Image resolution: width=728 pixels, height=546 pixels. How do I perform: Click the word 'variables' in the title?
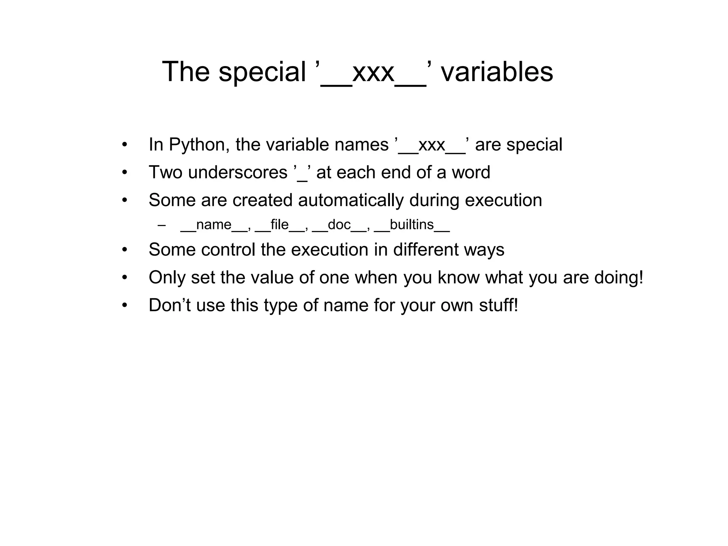497,72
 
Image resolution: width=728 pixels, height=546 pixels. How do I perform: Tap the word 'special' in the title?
262,72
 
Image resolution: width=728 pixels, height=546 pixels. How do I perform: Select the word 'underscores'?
237,172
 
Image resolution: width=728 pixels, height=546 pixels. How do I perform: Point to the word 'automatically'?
350,200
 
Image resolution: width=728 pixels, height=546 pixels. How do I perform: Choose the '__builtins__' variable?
412,225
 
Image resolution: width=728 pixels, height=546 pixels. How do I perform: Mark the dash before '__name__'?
162,225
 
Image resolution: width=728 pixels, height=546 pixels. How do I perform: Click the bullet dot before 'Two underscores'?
124,173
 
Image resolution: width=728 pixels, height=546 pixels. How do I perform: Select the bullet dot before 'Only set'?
124,278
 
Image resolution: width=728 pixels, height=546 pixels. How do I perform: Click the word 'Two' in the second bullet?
165,172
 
